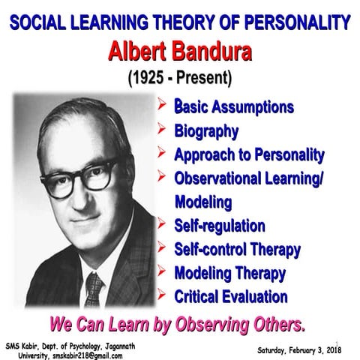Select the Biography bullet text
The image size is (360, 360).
(x=207, y=132)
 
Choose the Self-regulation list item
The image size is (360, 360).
(x=220, y=225)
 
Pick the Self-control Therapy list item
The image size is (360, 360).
(x=237, y=249)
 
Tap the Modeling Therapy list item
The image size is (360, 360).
(x=229, y=272)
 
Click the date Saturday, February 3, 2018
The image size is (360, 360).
(x=298, y=349)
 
